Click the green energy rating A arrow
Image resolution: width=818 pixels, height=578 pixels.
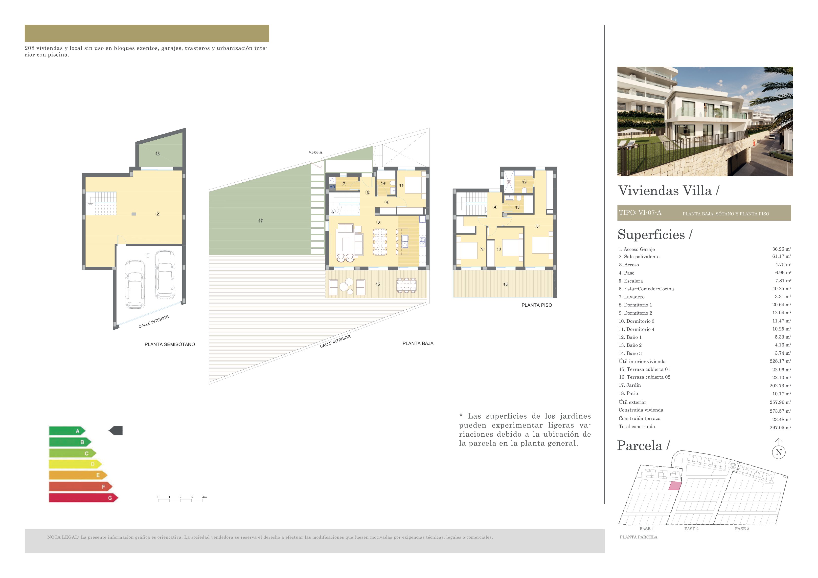point(67,431)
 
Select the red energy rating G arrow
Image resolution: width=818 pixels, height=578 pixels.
point(83,498)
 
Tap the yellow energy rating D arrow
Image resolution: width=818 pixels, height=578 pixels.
point(75,464)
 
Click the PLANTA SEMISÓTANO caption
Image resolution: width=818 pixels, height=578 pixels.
point(170,344)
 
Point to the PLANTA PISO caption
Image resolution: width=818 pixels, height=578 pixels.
point(537,305)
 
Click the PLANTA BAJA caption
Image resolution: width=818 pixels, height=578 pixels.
point(418,343)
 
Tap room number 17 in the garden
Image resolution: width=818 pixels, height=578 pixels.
point(260,221)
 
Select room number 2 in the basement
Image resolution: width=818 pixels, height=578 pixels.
point(158,214)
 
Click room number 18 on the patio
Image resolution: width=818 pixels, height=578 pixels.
point(158,153)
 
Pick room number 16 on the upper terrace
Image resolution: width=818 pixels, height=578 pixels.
point(505,284)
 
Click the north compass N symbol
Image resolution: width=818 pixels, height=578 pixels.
point(779,452)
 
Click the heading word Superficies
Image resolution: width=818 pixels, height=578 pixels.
point(651,235)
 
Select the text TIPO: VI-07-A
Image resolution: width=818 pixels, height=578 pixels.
point(640,213)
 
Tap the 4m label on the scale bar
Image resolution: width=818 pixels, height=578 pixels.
point(204,497)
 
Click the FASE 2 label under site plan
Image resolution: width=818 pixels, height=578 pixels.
point(691,529)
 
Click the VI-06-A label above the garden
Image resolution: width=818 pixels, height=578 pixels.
point(315,152)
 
